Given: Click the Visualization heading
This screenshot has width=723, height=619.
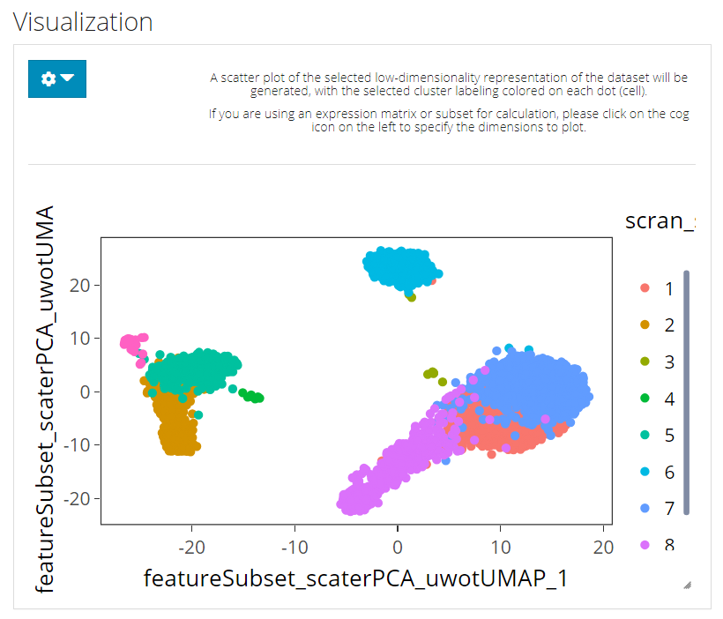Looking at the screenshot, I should click(x=83, y=22).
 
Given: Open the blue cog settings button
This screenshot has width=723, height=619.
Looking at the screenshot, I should click(x=57, y=78).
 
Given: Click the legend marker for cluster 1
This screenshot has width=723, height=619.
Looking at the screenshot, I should click(x=645, y=288).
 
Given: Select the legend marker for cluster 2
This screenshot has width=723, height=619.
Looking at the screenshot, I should click(x=645, y=325).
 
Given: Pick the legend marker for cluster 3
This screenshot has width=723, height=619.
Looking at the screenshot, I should click(x=645, y=362).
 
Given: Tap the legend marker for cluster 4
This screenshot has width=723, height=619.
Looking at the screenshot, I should click(x=645, y=399).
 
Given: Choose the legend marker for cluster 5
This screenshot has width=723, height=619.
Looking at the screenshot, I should click(x=645, y=436).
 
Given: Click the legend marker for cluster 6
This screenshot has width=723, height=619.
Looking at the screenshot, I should click(x=645, y=473).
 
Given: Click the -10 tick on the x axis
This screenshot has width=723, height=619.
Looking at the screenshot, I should click(x=294, y=548).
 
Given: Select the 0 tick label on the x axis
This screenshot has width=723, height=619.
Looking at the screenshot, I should click(x=397, y=548).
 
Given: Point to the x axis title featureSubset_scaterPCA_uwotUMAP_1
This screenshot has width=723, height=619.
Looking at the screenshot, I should click(x=356, y=578).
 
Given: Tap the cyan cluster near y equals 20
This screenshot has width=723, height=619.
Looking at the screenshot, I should click(x=399, y=265).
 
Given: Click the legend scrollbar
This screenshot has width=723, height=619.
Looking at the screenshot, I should click(x=687, y=392).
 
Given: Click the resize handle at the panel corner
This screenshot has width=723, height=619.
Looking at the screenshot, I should click(x=687, y=584).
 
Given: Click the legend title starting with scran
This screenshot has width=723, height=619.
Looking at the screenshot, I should click(x=659, y=220).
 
